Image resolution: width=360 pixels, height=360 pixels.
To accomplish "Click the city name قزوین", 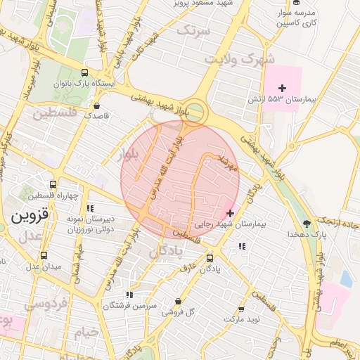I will (30, 217).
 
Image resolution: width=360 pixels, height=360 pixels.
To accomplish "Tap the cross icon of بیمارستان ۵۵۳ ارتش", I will (283, 88).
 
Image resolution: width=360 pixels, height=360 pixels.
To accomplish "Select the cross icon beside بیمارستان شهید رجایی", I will (231, 212).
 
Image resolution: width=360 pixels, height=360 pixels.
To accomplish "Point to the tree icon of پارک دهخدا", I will (307, 224).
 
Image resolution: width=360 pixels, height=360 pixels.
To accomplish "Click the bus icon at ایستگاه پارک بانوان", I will (85, 72).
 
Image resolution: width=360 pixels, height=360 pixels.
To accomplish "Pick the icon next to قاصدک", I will (96, 106).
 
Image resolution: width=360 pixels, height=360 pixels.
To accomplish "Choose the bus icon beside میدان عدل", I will (44, 256).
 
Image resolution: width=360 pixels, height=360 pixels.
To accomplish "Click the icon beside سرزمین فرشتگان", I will (129, 295).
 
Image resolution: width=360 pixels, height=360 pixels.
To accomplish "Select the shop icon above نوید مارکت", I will (241, 309).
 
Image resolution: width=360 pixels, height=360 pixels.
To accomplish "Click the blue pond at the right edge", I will (346, 278).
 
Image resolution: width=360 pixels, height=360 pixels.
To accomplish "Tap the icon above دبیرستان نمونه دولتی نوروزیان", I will (89, 208).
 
